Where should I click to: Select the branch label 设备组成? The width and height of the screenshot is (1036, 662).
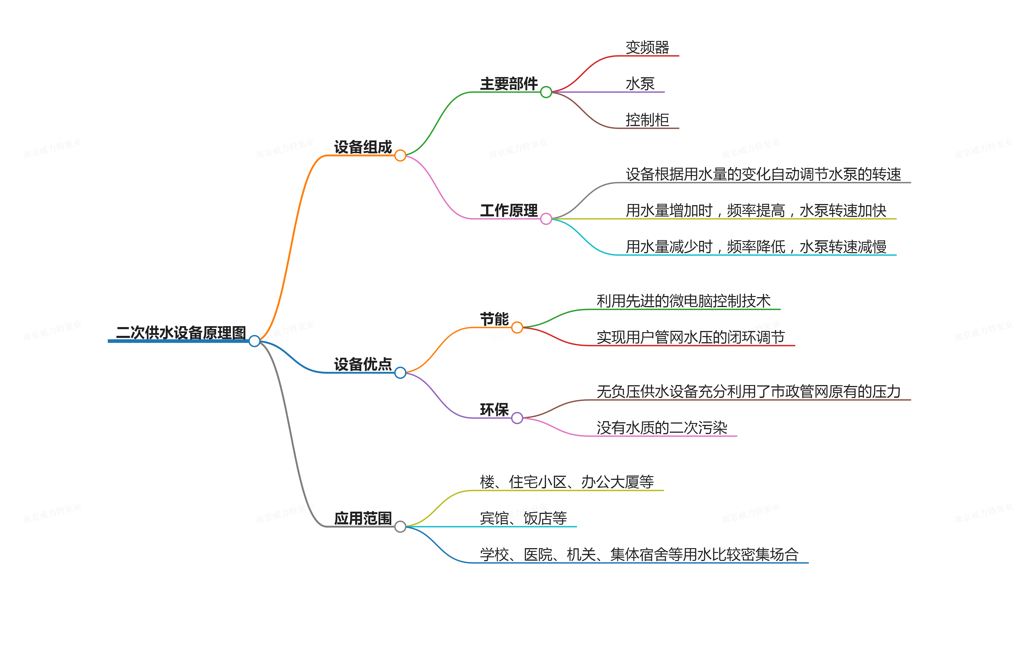point(363,147)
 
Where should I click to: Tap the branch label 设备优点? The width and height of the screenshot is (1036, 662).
point(363,364)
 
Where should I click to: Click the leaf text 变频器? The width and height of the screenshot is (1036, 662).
point(647,47)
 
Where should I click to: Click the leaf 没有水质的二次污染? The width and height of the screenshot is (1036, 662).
point(662,427)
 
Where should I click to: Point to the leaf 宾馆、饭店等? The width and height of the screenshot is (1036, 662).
point(523,518)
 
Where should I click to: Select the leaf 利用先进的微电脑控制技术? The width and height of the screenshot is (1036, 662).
point(683,301)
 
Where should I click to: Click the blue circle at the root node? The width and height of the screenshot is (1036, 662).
point(254,341)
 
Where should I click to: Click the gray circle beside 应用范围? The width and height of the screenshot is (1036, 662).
point(400,526)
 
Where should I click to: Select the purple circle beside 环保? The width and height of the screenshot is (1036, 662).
point(517,418)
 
